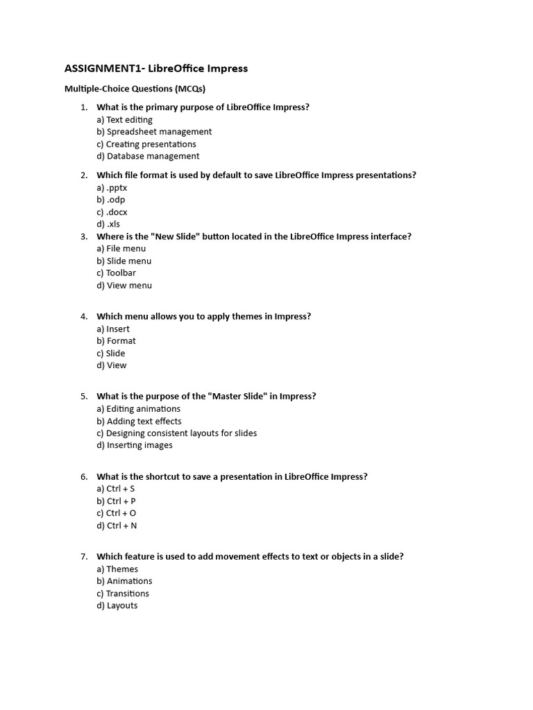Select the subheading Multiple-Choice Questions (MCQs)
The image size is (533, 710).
click(x=135, y=89)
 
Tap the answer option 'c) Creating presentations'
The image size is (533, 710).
click(x=146, y=144)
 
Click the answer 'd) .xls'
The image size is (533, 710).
click(x=108, y=224)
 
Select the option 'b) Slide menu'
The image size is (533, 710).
click(x=124, y=261)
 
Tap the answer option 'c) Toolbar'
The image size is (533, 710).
click(x=116, y=273)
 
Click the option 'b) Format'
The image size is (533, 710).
click(x=116, y=341)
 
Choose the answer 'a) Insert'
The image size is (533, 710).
click(x=113, y=329)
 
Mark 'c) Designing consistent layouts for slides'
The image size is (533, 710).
click(x=176, y=433)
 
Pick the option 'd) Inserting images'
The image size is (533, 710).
click(x=135, y=445)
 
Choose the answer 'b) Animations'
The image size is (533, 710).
click(x=124, y=581)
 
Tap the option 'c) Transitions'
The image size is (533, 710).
click(x=123, y=594)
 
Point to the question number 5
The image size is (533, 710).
click(x=83, y=397)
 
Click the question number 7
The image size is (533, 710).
click(x=83, y=557)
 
